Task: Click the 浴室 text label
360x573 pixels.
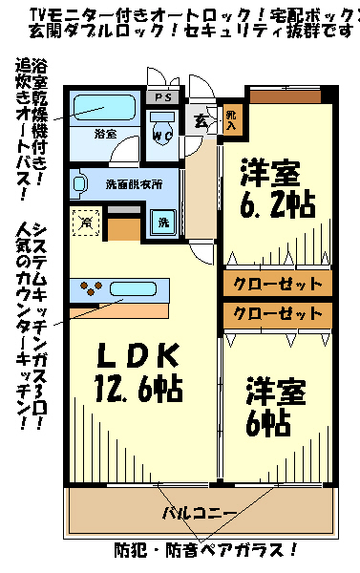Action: (105, 133)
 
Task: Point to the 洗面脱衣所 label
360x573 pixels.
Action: (133, 182)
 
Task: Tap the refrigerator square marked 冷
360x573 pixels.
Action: (86, 222)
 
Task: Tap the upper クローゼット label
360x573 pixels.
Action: (278, 283)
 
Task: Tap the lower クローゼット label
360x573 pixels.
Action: (278, 313)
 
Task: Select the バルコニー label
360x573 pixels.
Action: (200, 514)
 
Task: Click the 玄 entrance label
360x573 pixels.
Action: (201, 120)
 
